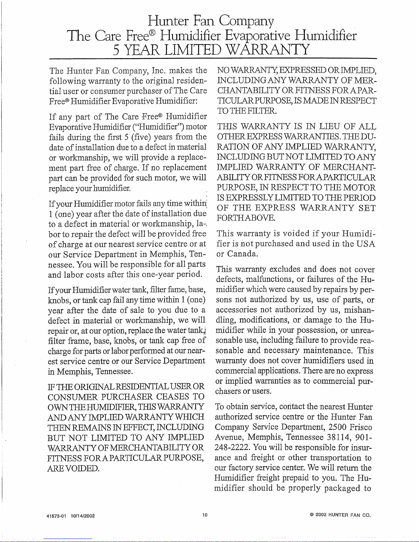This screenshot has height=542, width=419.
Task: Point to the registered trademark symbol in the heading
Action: [153, 31]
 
